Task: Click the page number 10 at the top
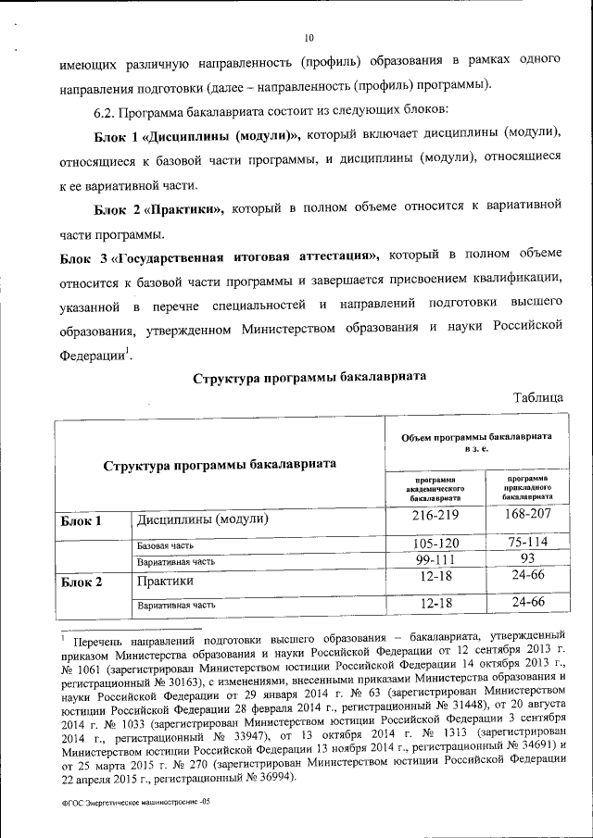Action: [309, 38]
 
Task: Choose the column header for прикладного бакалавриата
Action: [528, 489]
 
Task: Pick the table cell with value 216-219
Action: [435, 519]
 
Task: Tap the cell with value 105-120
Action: [435, 544]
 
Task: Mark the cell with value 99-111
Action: [435, 561]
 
